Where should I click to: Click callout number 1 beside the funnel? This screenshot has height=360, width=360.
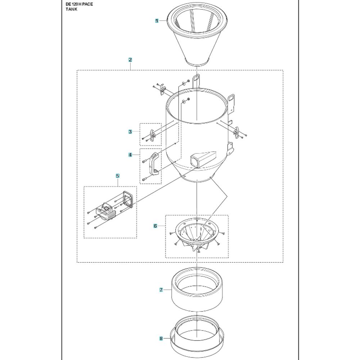point(157,21)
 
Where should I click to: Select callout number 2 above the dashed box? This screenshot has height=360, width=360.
point(130,60)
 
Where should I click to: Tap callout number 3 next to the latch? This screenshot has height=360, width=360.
point(130,132)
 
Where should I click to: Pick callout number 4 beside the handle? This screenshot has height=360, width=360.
point(130,155)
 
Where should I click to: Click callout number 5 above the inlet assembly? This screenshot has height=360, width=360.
point(118,176)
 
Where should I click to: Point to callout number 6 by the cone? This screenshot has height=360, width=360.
point(156,226)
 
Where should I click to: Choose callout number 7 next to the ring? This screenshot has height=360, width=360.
point(161,290)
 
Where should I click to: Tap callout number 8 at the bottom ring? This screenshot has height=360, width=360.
point(161,338)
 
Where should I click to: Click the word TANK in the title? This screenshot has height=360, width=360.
point(71,9)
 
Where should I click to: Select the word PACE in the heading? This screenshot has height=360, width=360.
point(87,4)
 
